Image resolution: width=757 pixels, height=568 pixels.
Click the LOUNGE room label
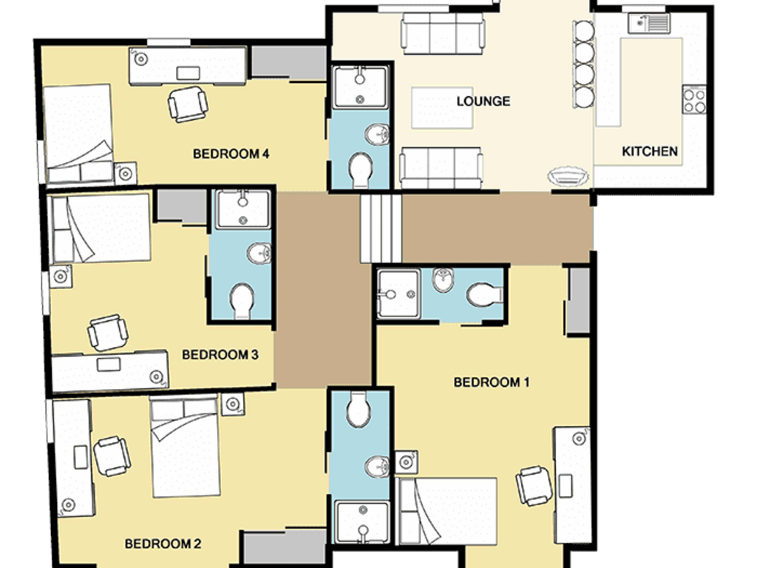[x=483, y=101]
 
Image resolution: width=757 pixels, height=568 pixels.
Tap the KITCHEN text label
[x=650, y=152]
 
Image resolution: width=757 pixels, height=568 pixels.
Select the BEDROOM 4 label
[x=231, y=154]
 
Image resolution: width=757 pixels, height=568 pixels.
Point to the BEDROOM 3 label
[x=220, y=355]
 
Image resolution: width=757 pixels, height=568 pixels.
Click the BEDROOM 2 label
[x=163, y=544]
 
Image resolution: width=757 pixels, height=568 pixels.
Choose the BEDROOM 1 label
[x=492, y=382]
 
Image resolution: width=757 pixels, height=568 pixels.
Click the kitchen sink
[x=649, y=23]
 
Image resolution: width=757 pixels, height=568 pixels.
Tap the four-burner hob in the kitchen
[x=694, y=100]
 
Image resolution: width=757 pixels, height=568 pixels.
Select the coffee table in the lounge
[x=442, y=108]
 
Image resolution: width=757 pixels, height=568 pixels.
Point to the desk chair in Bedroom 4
[x=188, y=104]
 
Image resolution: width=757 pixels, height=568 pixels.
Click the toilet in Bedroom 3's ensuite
[x=242, y=302]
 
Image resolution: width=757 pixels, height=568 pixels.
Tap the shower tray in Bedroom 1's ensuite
[x=398, y=294]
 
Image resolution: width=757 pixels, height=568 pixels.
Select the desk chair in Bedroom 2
[x=112, y=456]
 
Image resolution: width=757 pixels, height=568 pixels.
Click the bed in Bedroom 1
[x=447, y=511]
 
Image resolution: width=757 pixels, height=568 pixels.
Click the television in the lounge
[x=568, y=176]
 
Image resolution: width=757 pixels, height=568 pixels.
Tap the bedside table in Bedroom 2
[x=233, y=404]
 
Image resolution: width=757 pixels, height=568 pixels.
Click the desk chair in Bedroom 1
[x=534, y=485]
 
